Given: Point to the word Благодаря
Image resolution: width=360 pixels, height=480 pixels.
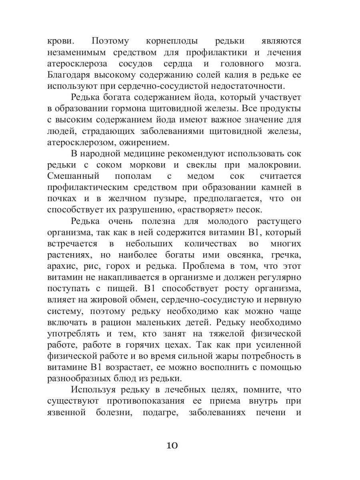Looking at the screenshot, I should tap(72, 75).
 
